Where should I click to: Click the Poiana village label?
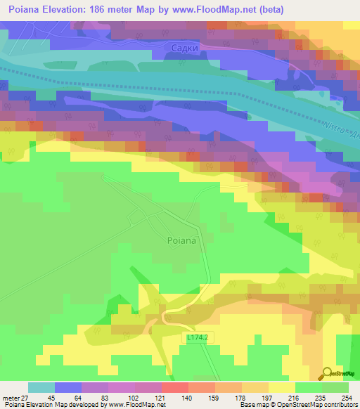point(181,240)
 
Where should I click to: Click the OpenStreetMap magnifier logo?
point(328,373)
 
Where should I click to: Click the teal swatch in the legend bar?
point(41,388)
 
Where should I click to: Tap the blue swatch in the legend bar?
point(68,388)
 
